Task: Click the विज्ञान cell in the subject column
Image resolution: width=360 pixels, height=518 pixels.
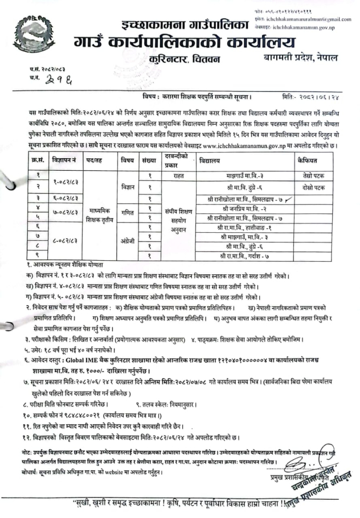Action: pyautogui.click(x=126, y=186)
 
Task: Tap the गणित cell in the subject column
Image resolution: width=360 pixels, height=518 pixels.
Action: pyautogui.click(x=126, y=212)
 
